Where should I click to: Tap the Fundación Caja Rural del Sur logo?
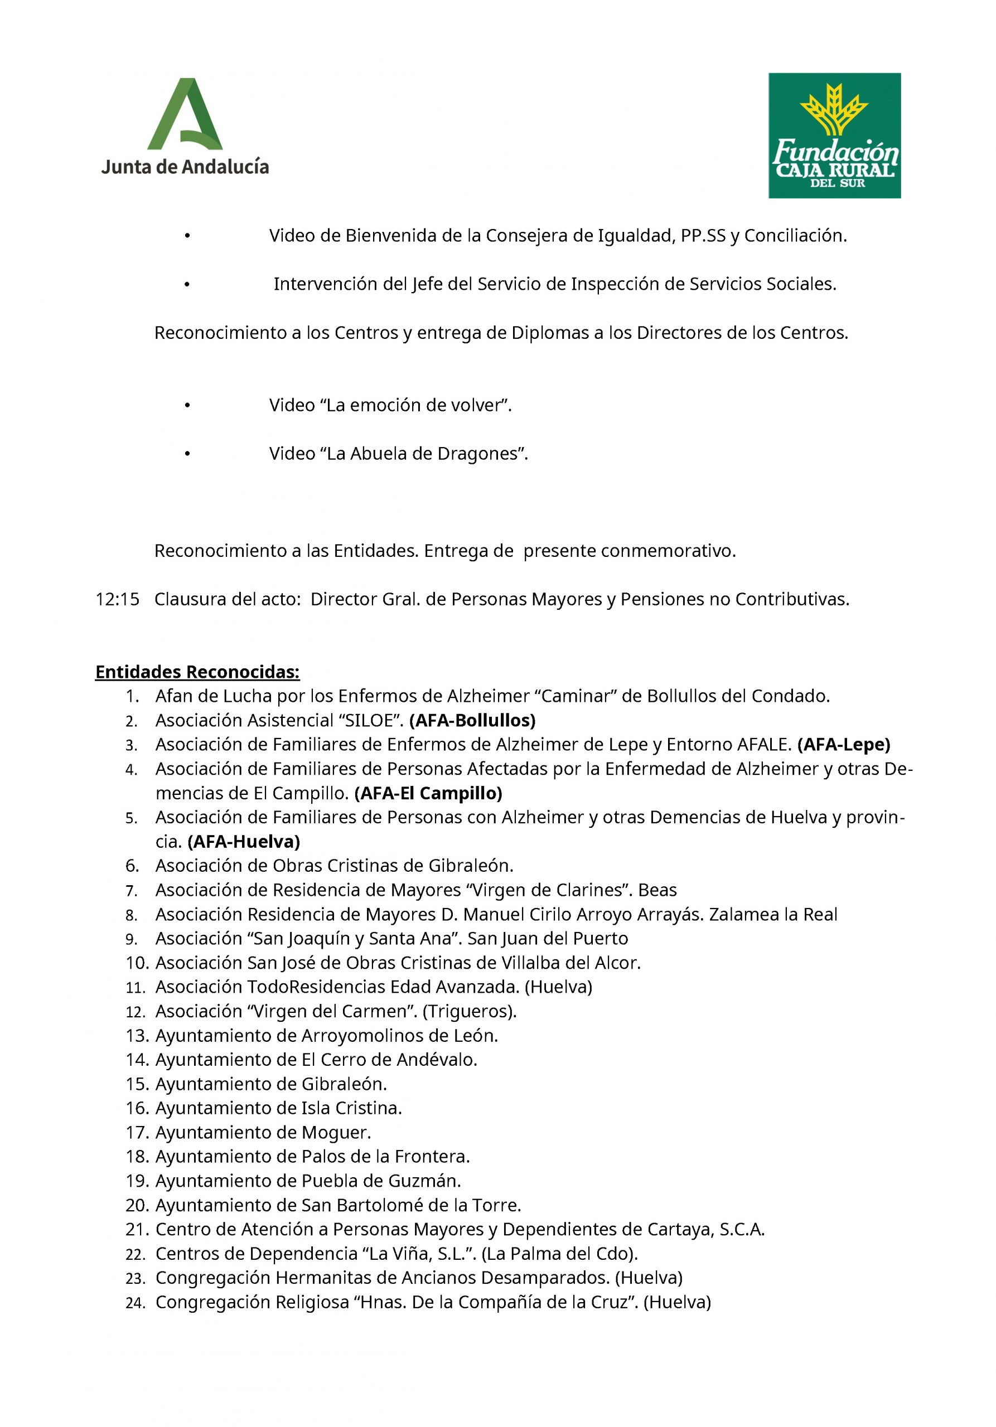(x=834, y=135)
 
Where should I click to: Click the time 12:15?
(x=118, y=599)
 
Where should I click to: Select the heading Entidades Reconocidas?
(x=197, y=672)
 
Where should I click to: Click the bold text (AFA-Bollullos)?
(x=472, y=720)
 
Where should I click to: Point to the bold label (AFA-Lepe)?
(x=844, y=745)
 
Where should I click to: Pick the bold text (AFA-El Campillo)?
(x=428, y=793)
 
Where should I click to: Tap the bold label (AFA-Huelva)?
(x=244, y=842)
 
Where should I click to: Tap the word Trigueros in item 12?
(x=469, y=1012)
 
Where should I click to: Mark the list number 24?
(x=135, y=1303)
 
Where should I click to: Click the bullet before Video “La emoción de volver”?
(x=186, y=406)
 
